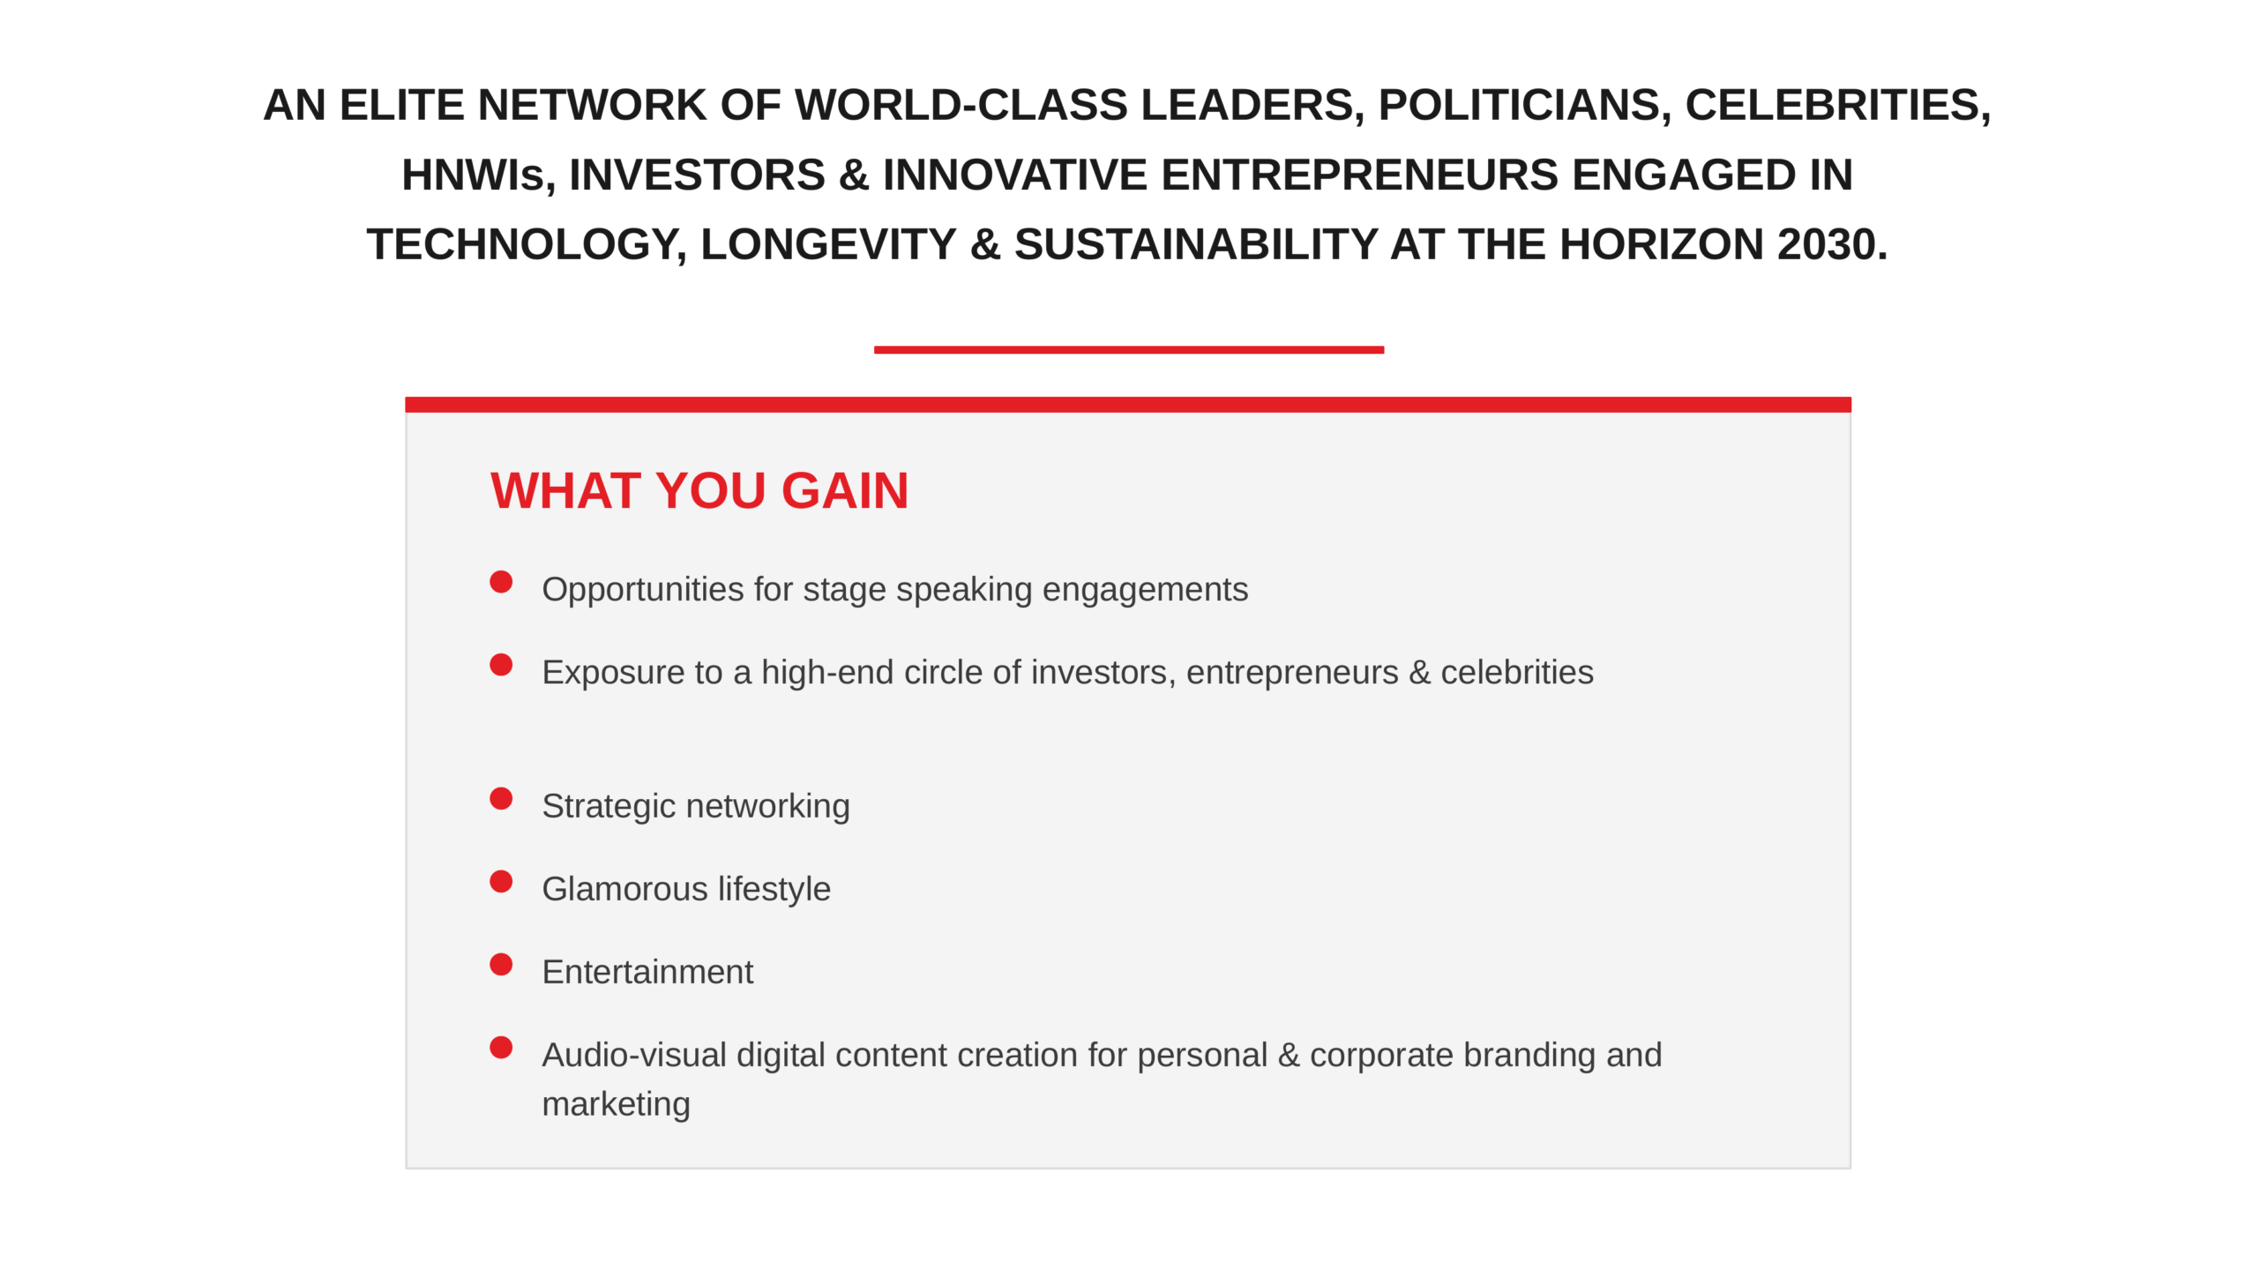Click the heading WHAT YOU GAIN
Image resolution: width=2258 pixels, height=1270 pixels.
tap(699, 490)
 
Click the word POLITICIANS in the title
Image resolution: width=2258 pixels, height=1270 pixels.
tap(1525, 106)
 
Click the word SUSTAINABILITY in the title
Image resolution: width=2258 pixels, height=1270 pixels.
tap(1196, 244)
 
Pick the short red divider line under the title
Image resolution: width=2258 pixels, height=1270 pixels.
tap(1129, 350)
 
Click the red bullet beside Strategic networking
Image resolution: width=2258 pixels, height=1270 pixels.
tap(501, 799)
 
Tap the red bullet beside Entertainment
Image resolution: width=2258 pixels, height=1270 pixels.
tap(501, 965)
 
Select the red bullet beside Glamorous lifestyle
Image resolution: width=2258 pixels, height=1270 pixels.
tap(501, 882)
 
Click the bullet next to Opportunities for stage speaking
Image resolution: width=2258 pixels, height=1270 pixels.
tap(501, 582)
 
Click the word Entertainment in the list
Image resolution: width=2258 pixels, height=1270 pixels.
tap(647, 972)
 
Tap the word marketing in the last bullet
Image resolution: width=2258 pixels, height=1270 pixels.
tap(616, 1105)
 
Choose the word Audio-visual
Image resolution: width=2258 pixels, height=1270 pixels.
tap(634, 1055)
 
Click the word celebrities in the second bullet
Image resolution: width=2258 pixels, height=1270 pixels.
tap(1517, 672)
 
